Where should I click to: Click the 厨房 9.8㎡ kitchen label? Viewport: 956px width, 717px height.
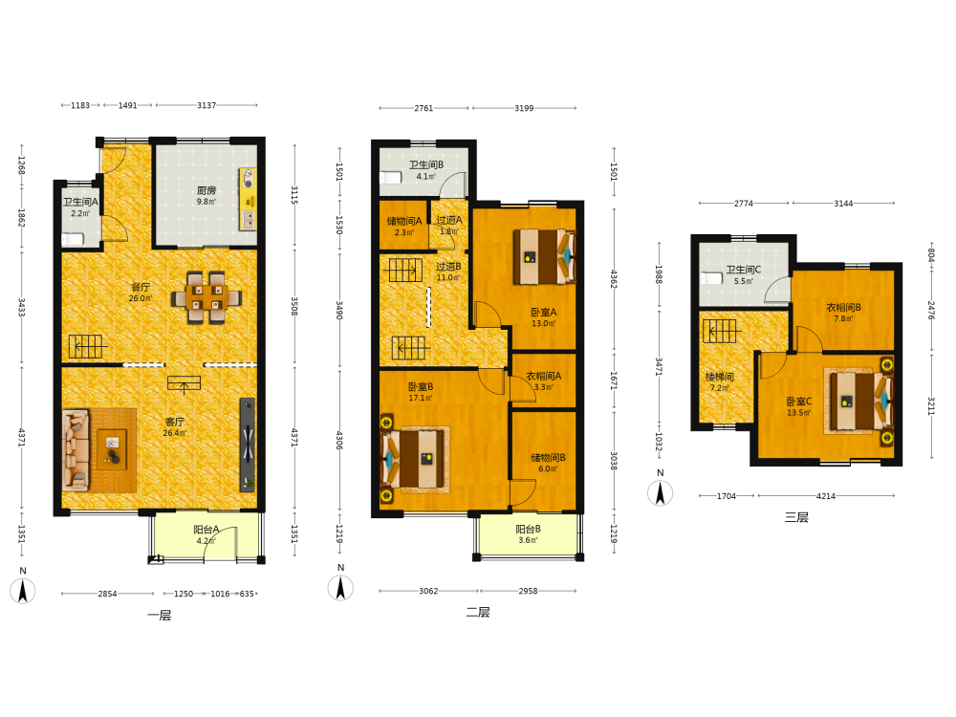pyautogui.click(x=206, y=196)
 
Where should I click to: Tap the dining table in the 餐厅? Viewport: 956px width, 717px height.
pyautogui.click(x=206, y=297)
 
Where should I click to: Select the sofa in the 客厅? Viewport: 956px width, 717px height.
pyautogui.click(x=76, y=450)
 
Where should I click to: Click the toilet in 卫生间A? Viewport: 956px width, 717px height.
pyautogui.click(x=73, y=240)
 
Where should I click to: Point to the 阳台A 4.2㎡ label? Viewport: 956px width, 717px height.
pyautogui.click(x=206, y=534)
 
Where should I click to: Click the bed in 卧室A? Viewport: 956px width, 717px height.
pyautogui.click(x=544, y=256)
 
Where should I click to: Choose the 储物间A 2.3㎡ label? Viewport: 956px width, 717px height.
pyautogui.click(x=404, y=227)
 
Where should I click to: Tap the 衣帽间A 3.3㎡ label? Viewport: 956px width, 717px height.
pyautogui.click(x=544, y=381)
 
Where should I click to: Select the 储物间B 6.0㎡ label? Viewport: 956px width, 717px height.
pyautogui.click(x=548, y=463)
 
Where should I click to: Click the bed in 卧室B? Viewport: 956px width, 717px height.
pyautogui.click(x=413, y=459)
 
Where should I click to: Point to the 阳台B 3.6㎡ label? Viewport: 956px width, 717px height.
pyautogui.click(x=528, y=534)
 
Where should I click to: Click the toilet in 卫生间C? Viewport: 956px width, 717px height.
pyautogui.click(x=711, y=278)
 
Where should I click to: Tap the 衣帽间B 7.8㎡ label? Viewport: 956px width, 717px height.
pyautogui.click(x=844, y=313)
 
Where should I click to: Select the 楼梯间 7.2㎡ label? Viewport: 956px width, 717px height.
pyautogui.click(x=720, y=382)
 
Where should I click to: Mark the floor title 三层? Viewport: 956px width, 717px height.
pyautogui.click(x=796, y=517)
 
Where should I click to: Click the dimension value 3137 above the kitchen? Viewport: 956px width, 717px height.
pyautogui.click(x=206, y=105)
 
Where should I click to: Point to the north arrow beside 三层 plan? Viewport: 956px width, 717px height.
pyautogui.click(x=660, y=492)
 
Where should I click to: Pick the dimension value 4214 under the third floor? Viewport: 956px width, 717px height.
pyautogui.click(x=826, y=496)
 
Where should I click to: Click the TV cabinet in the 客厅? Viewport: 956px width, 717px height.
pyautogui.click(x=248, y=445)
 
